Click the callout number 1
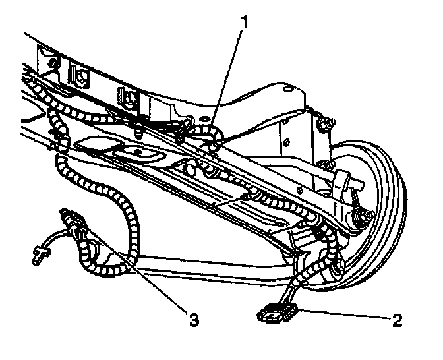tap(246, 22)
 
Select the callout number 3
tap(193, 321)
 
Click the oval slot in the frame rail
tap(140, 154)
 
